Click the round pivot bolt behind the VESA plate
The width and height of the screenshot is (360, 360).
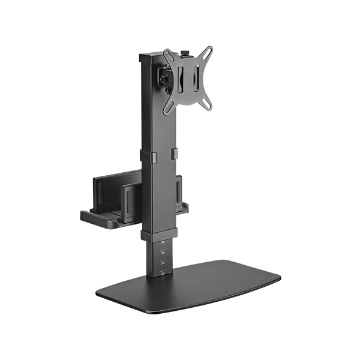(163, 77)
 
